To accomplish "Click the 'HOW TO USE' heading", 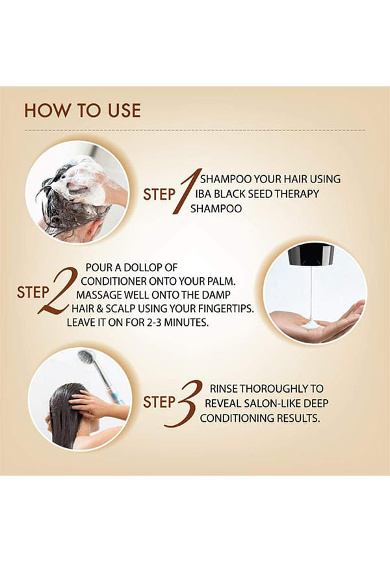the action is pos(83,111).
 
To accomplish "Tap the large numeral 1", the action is pos(187,191).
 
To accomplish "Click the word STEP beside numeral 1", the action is pos(159,195).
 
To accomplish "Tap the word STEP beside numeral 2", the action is pos(32,293).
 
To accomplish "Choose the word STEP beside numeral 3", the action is pos(159,402).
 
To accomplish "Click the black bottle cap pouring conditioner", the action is pos(311,254).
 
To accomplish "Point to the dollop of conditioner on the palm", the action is pos(311,324).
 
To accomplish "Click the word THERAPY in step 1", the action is pos(296,194).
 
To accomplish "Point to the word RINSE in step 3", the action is pos(224,389).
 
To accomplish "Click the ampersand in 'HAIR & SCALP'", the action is pos(99,309).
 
